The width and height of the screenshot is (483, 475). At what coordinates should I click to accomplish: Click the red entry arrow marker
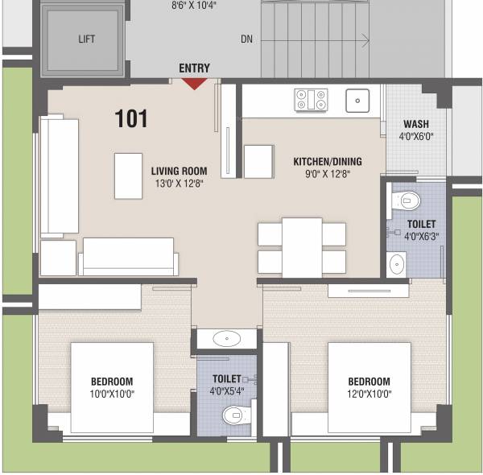[195, 83]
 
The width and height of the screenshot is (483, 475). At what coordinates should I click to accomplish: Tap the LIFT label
[87, 39]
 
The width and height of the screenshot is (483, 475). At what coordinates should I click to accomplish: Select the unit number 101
[131, 119]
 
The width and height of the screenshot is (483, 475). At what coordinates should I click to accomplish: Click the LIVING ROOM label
[179, 171]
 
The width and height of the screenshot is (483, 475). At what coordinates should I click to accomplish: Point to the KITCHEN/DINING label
[327, 161]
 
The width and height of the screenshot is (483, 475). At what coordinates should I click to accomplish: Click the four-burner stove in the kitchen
[312, 100]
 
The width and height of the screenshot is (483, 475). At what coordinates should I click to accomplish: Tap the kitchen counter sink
[357, 101]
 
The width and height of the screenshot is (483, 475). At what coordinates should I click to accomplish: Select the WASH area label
[415, 125]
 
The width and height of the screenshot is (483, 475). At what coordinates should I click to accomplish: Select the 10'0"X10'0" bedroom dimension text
[111, 394]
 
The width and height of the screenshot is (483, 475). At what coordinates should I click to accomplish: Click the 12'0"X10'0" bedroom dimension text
[369, 394]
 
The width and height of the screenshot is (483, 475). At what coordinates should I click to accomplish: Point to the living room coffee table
[127, 175]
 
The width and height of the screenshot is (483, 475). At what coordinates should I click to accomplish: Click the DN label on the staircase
[248, 39]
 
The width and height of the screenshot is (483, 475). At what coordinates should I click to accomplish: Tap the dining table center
[302, 247]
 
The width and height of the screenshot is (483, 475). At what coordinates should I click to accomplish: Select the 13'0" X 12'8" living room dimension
[179, 184]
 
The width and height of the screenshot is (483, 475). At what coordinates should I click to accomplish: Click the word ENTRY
[194, 68]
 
